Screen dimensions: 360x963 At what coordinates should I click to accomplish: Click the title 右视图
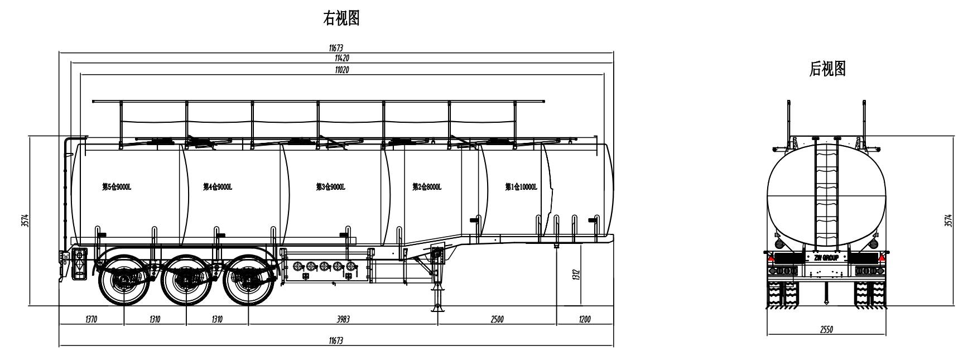point(341,19)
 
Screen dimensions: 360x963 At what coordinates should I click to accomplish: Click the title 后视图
point(827,69)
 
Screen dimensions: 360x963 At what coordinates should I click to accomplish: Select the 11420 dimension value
point(342,58)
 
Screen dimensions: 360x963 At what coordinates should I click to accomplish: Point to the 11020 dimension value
point(342,69)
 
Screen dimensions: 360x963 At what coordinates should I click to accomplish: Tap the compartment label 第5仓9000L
point(117,187)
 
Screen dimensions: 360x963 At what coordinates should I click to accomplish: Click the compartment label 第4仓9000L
point(218,187)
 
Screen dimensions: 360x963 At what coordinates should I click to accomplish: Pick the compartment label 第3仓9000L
point(330,187)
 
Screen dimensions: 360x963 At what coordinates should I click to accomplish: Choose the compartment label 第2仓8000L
point(427,187)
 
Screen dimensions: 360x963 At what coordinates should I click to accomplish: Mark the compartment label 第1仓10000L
point(521,187)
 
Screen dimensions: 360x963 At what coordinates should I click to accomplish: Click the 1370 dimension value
point(92,319)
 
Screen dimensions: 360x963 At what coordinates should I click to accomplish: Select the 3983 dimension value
point(343,319)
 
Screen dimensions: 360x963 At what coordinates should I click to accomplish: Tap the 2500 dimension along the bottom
point(497,319)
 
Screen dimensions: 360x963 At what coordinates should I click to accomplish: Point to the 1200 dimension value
point(584,319)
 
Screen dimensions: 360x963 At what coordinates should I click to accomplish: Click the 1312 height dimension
point(576,275)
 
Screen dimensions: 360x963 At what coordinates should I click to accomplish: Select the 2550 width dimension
point(826,330)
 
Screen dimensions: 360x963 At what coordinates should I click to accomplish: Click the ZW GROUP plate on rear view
point(826,258)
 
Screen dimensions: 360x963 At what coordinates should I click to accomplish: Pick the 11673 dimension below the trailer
point(336,340)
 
